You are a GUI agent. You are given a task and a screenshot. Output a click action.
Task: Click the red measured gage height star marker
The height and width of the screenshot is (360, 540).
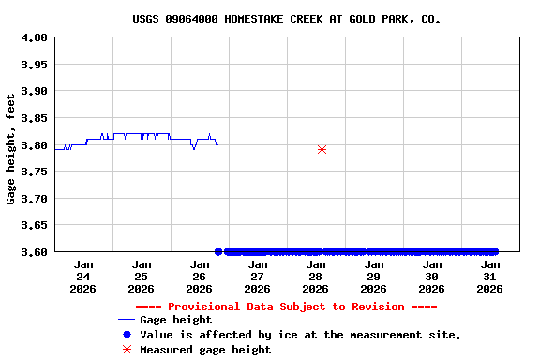pos(322,149)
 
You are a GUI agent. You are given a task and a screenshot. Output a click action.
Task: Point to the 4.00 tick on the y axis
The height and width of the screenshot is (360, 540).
pos(35,37)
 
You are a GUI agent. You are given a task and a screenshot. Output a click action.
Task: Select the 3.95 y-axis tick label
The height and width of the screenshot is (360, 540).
pos(35,65)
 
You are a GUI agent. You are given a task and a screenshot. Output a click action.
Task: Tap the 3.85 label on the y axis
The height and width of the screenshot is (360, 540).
pos(35,118)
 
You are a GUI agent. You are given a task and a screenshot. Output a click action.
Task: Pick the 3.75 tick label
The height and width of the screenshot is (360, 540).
pos(35,172)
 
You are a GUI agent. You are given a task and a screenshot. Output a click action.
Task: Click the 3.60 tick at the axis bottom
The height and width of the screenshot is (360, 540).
pos(35,251)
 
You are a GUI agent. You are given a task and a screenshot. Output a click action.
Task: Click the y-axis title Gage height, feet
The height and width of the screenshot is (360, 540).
pos(11,148)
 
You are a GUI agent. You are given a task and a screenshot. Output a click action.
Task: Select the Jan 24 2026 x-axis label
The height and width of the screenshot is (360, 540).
pos(83,277)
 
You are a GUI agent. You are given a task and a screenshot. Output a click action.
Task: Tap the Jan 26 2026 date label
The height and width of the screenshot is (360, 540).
pos(200,277)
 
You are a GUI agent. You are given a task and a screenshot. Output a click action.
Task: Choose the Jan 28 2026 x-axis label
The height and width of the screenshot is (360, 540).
pos(316,277)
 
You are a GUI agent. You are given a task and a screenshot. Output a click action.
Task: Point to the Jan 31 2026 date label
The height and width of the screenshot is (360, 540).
pos(489,277)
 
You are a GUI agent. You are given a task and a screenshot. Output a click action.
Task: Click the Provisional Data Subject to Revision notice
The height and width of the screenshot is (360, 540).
pos(286,307)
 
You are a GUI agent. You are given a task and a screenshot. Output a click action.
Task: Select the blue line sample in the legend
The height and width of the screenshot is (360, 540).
pos(126,320)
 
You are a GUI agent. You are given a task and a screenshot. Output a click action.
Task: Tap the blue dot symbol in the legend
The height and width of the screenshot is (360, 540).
pos(127,335)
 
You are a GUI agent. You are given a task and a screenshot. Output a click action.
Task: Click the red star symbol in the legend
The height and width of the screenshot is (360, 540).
pos(127,350)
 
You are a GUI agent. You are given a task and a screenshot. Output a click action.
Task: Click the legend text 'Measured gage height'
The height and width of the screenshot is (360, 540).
pos(205,350)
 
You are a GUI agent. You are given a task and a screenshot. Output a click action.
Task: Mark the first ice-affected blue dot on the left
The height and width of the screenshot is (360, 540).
pos(218,251)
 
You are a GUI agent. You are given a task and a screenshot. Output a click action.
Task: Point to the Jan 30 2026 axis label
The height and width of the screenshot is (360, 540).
pos(431,277)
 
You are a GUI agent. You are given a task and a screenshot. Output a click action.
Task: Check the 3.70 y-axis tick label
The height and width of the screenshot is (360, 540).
pos(35,199)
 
